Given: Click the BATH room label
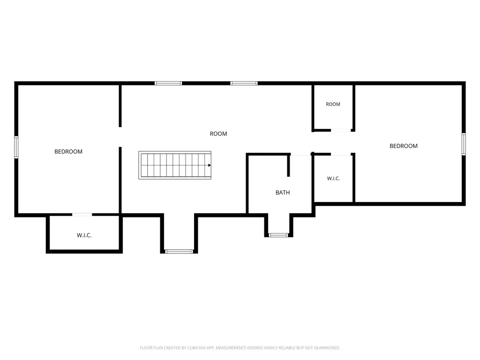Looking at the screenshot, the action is point(283,193).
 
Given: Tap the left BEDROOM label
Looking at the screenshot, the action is point(68,151).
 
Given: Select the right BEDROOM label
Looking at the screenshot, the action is point(404,146).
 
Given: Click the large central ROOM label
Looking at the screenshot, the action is point(218,134).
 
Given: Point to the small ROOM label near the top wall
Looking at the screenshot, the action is point(333,104).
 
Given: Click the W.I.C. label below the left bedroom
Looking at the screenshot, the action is point(84,235).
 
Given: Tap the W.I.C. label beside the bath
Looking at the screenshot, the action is point(333,179).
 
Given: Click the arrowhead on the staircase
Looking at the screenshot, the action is point(210,165).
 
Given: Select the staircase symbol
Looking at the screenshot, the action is point(175,165).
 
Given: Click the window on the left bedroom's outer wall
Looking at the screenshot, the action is point(16,147).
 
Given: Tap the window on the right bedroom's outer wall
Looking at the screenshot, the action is point(464,144).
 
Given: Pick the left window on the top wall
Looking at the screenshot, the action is point(168,83).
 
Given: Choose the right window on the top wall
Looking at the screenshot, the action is point(244,83).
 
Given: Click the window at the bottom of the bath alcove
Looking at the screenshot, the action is point(278,235).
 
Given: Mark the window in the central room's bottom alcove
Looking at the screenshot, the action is point(179,252).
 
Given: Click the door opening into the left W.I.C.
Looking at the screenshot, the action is point(82,215).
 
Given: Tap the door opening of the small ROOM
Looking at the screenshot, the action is point(341,130).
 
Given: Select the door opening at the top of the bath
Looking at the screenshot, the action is point(301,154).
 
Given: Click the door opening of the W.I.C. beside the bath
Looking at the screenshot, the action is point(341,154).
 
